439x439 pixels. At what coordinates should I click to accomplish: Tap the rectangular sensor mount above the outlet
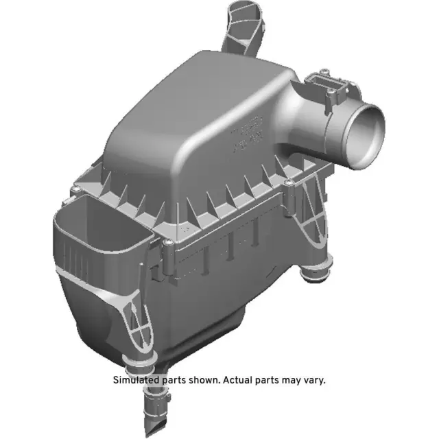[x=332, y=86]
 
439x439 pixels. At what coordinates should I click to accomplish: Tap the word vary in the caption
[x=313, y=380]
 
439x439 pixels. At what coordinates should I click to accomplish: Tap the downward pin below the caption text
[x=154, y=409]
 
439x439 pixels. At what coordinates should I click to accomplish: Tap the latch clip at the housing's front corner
[x=167, y=255]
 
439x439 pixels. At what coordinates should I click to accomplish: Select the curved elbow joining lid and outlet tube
[x=305, y=117]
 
